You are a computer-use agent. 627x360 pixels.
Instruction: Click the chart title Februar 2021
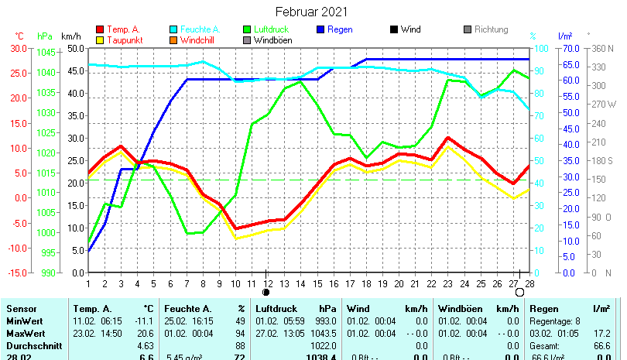click(x=312, y=12)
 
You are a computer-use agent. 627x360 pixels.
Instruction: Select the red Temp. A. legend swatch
click(x=99, y=29)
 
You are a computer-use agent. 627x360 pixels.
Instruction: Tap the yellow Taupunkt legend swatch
click(x=99, y=39)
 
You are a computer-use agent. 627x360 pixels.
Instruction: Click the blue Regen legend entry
click(x=340, y=29)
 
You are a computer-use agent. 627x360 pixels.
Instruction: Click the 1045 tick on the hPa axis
click(x=46, y=53)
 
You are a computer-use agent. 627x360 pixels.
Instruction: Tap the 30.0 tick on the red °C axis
click(x=19, y=48)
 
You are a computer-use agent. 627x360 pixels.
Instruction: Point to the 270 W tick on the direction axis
click(x=605, y=105)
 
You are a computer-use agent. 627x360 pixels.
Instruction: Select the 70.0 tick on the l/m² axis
click(x=569, y=48)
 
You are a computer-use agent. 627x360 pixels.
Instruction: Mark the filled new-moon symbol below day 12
click(x=266, y=293)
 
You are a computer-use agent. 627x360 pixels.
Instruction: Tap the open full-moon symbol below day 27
click(x=519, y=293)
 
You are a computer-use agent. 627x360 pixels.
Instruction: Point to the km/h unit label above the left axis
click(x=70, y=36)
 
